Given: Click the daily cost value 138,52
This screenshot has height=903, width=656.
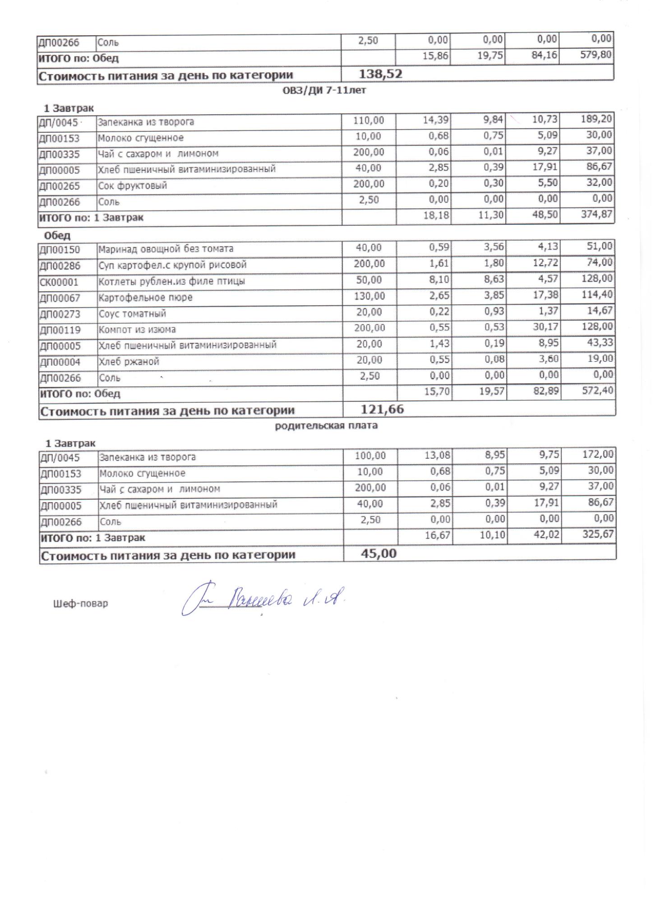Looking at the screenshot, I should (380, 74).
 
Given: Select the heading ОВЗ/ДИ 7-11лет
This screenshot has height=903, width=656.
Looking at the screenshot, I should (324, 90).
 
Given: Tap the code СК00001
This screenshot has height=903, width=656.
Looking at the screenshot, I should (59, 282).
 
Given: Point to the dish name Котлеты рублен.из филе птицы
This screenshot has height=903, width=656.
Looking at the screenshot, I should (172, 281).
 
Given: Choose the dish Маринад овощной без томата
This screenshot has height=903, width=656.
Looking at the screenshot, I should (166, 249).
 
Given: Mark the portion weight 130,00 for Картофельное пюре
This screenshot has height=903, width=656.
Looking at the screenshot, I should (370, 296).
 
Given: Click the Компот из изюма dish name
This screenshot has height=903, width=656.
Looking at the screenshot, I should (137, 330).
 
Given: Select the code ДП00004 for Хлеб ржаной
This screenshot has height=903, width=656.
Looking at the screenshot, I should (60, 362).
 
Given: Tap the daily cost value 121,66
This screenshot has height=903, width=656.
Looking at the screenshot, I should (382, 410).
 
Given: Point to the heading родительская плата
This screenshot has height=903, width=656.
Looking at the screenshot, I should (326, 425).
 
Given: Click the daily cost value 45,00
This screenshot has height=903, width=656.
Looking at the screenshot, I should (379, 554).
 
